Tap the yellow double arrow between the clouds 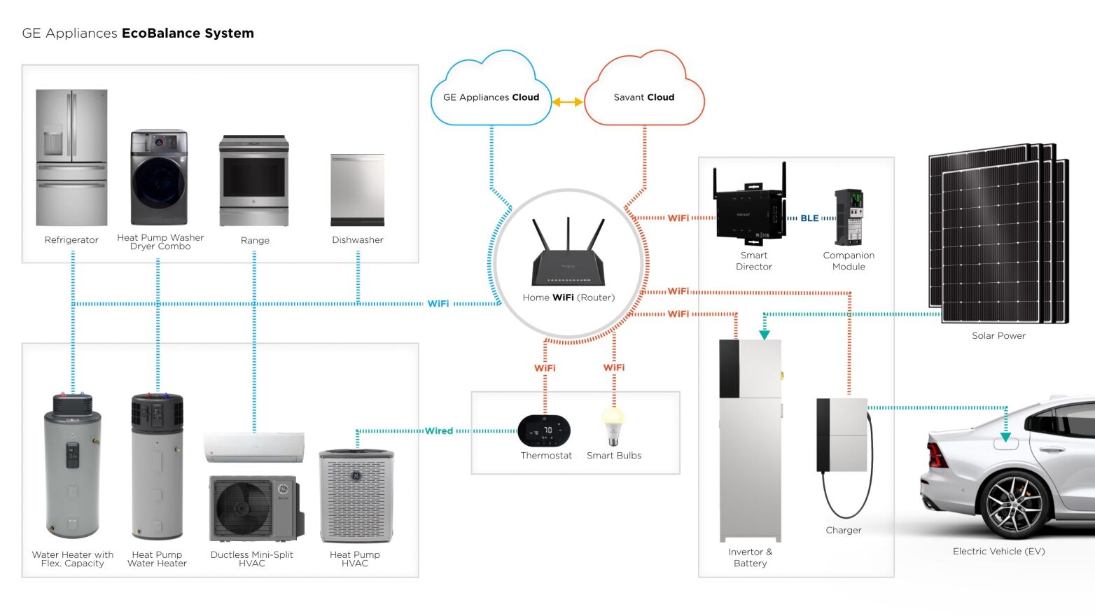pyautogui.click(x=567, y=102)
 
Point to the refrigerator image pyautogui.click(x=71, y=157)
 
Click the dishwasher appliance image pyautogui.click(x=357, y=190)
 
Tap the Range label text pyautogui.click(x=255, y=240)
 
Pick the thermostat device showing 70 pyautogui.click(x=544, y=430)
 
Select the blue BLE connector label pyautogui.click(x=809, y=218)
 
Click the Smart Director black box pyautogui.click(x=748, y=210)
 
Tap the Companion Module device pyautogui.click(x=849, y=216)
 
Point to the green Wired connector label pyautogui.click(x=439, y=431)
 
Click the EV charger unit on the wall pyautogui.click(x=842, y=435)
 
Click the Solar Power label pyautogui.click(x=998, y=336)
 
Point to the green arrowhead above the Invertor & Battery pyautogui.click(x=765, y=335)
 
